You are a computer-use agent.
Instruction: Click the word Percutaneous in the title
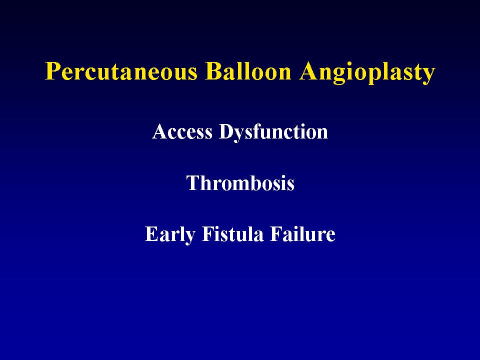pos(121,72)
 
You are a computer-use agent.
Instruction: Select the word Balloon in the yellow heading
pos(248,71)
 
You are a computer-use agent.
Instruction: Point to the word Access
pos(182,131)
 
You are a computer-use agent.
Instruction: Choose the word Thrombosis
pos(240,183)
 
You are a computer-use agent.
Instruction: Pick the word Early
pos(170,235)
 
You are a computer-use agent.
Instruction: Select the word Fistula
pos(232,234)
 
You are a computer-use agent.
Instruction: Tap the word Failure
pos(303,234)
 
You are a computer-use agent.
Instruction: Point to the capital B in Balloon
pos(213,71)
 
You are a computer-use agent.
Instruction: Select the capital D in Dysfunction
pos(226,132)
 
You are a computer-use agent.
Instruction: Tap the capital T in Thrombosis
pos(193,183)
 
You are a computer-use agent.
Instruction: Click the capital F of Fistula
pos(208,234)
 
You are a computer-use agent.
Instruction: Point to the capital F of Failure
pos(276,234)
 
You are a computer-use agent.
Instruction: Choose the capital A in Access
pos(160,131)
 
